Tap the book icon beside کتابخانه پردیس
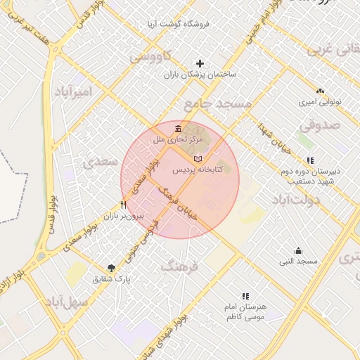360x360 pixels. pyautogui.click(x=198, y=157)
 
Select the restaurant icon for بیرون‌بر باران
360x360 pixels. pyautogui.click(x=123, y=205)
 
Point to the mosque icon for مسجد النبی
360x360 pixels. pyautogui.click(x=298, y=250)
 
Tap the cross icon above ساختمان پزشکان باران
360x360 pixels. pyautogui.click(x=200, y=63)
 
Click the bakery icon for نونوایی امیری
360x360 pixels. pyautogui.click(x=320, y=91)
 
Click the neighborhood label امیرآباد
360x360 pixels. pyautogui.click(x=72, y=92)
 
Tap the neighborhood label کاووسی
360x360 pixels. pyautogui.click(x=148, y=56)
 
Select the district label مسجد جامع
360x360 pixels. pyautogui.click(x=217, y=104)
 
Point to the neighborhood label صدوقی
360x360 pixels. pyautogui.click(x=320, y=124)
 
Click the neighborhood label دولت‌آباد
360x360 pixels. pyautogui.click(x=295, y=200)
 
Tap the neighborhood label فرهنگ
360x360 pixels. pyautogui.click(x=180, y=266)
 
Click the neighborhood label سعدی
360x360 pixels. pyautogui.click(x=100, y=162)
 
